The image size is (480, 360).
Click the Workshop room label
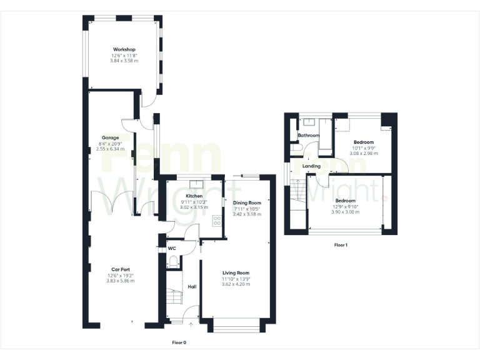[x=124, y=49]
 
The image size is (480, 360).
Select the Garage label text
[x=111, y=137]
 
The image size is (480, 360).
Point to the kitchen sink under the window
[x=197, y=184]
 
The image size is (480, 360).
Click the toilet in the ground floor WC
[x=173, y=261]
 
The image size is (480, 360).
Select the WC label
[x=172, y=248]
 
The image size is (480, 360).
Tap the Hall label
[x=192, y=287]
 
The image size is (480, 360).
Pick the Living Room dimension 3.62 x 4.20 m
[x=236, y=284]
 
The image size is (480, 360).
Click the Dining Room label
[x=246, y=203]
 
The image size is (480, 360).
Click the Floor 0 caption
[x=179, y=342]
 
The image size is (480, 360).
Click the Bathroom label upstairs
[x=308, y=136]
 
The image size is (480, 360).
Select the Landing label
[x=311, y=166]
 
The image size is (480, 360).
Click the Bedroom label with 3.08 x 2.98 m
[x=363, y=142]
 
